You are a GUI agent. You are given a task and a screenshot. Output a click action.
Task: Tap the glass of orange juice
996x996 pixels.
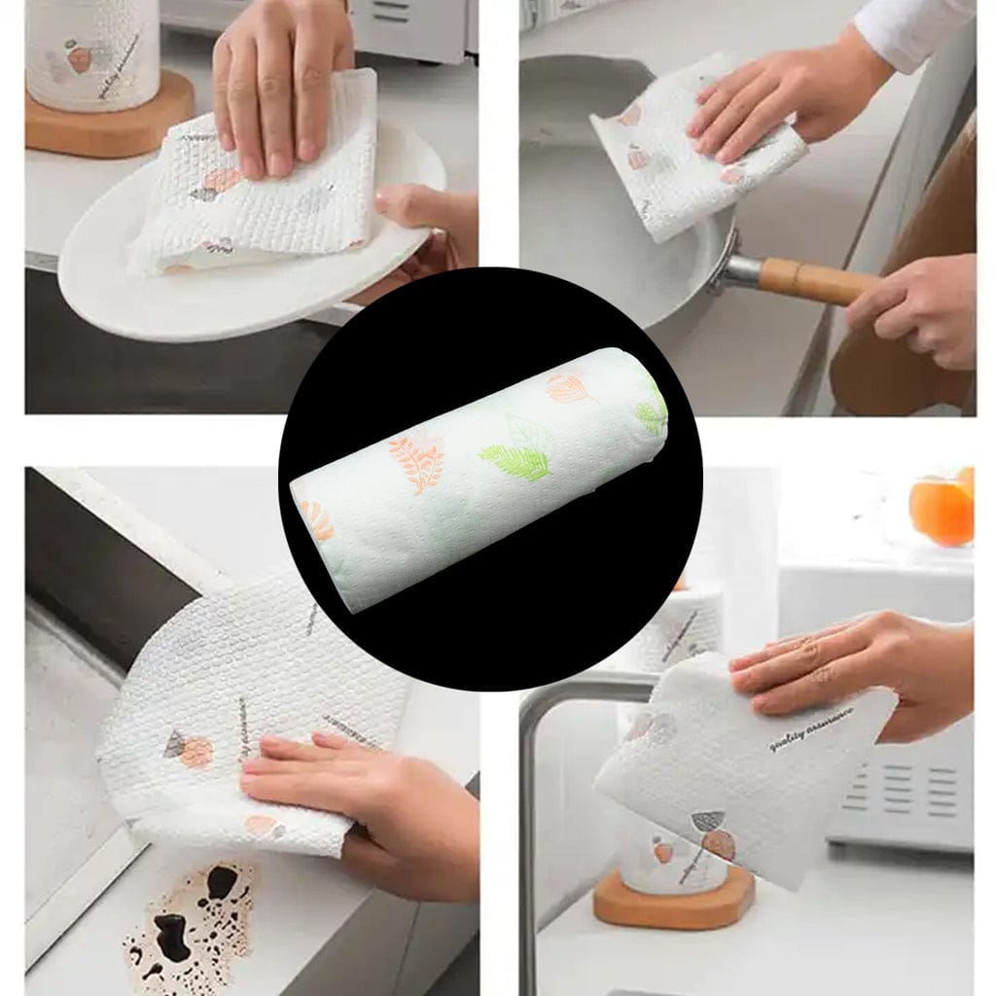942,509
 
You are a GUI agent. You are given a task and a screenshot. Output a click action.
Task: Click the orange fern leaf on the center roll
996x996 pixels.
417,458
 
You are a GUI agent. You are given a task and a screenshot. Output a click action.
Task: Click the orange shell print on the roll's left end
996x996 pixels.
317,520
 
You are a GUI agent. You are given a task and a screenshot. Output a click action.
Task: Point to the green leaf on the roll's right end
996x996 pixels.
652,412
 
